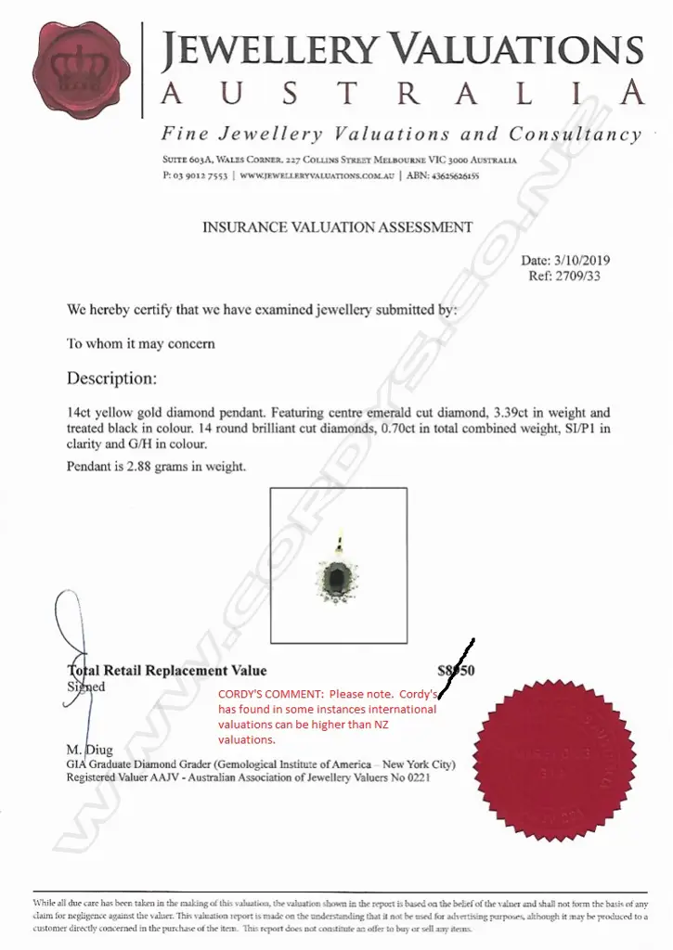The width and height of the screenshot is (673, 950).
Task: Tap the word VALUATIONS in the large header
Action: pos(515,51)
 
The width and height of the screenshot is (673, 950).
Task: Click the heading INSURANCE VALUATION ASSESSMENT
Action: pos(337,227)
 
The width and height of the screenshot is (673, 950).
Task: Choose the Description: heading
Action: pos(111,379)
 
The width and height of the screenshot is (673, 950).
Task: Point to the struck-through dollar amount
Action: pos(456,670)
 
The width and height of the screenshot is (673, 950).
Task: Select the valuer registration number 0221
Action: pos(417,777)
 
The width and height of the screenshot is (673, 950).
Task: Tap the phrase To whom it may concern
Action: pos(140,343)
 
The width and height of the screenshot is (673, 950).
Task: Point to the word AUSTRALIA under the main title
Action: pos(402,94)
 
